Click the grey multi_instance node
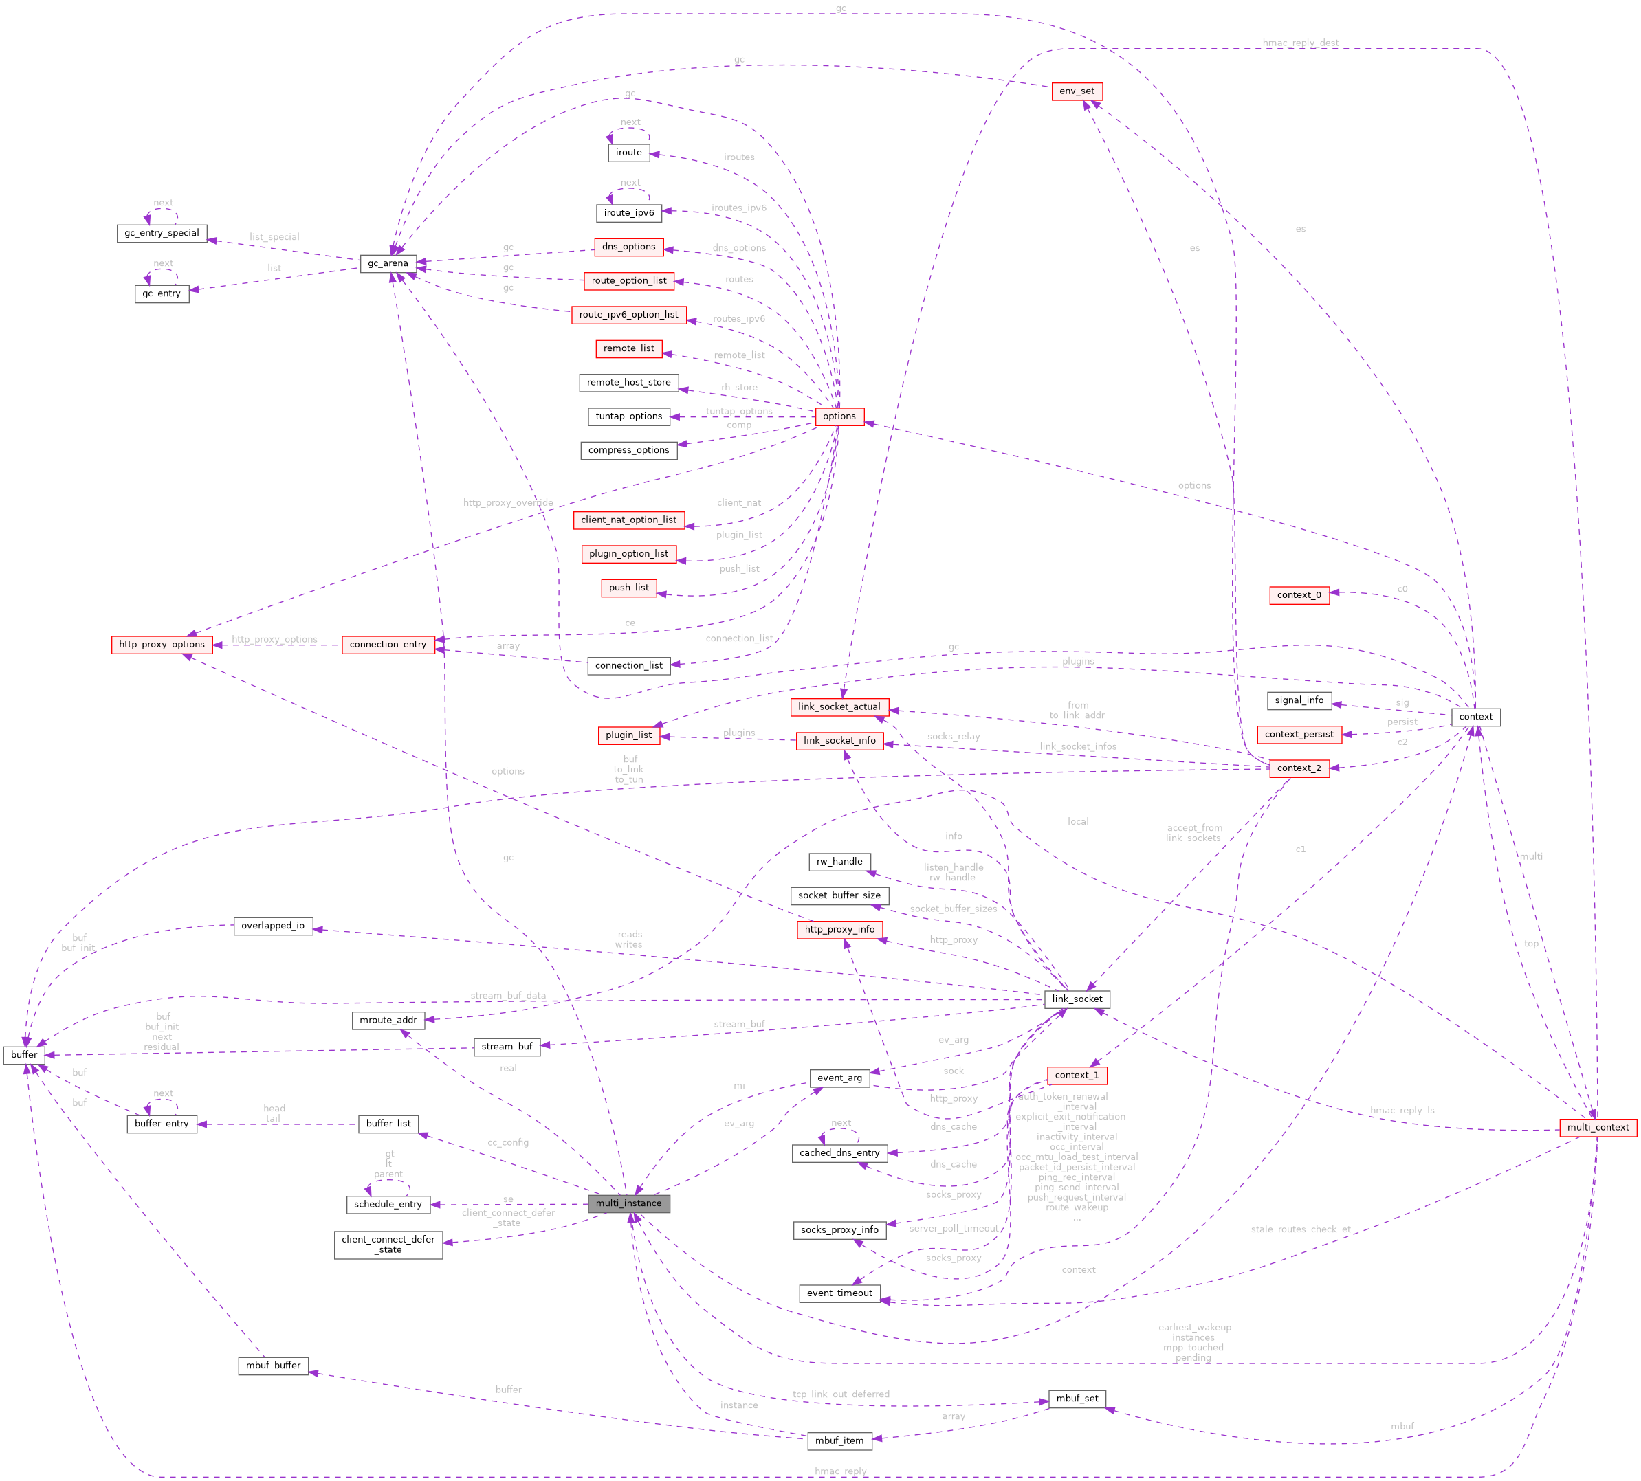pyautogui.click(x=628, y=1203)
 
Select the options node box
pyautogui.click(x=839, y=416)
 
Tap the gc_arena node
pyautogui.click(x=388, y=264)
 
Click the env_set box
pyautogui.click(x=1077, y=91)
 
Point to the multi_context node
pyautogui.click(x=1598, y=1127)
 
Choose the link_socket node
pyautogui.click(x=1077, y=999)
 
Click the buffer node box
pyautogui.click(x=25, y=1055)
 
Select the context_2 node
pyautogui.click(x=1299, y=768)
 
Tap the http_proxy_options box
pyautogui.click(x=162, y=645)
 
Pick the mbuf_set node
pyautogui.click(x=1077, y=1399)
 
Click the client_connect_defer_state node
pyautogui.click(x=388, y=1244)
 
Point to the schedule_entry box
pyautogui.click(x=388, y=1204)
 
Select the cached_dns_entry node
pyautogui.click(x=839, y=1153)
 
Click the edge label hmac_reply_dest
pyautogui.click(x=1300, y=43)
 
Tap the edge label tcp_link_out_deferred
pyautogui.click(x=841, y=1394)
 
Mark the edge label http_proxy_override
pyautogui.click(x=508, y=503)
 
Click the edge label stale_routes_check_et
pyautogui.click(x=1300, y=1229)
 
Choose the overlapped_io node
pyautogui.click(x=273, y=926)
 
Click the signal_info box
pyautogui.click(x=1299, y=700)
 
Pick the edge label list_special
pyautogui.click(x=274, y=238)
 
